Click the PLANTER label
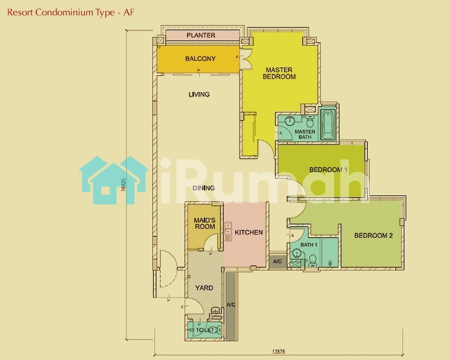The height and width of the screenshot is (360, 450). coord(201,35)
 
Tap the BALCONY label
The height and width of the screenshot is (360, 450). coord(201,59)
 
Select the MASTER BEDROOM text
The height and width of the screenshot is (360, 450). coord(279,73)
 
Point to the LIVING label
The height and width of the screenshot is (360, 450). coord(199,94)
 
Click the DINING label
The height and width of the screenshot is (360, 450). coord(204,188)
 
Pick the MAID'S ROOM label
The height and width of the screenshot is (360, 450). coord(204,223)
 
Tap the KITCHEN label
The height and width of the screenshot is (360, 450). coord(249,233)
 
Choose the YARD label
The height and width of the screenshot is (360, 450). coord(204,288)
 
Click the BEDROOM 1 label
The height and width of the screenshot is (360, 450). coord(328,170)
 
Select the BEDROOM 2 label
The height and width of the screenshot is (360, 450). coord(373,236)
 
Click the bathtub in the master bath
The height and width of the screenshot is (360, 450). coord(327,125)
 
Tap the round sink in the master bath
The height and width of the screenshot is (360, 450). coord(289,121)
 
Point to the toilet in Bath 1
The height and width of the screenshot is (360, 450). coord(313,261)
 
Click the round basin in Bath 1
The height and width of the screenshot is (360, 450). coord(296,253)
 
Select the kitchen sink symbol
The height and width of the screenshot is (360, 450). coord(228,228)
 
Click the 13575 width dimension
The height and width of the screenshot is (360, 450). coord(278,352)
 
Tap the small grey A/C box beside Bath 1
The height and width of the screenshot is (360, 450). coord(278,262)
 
